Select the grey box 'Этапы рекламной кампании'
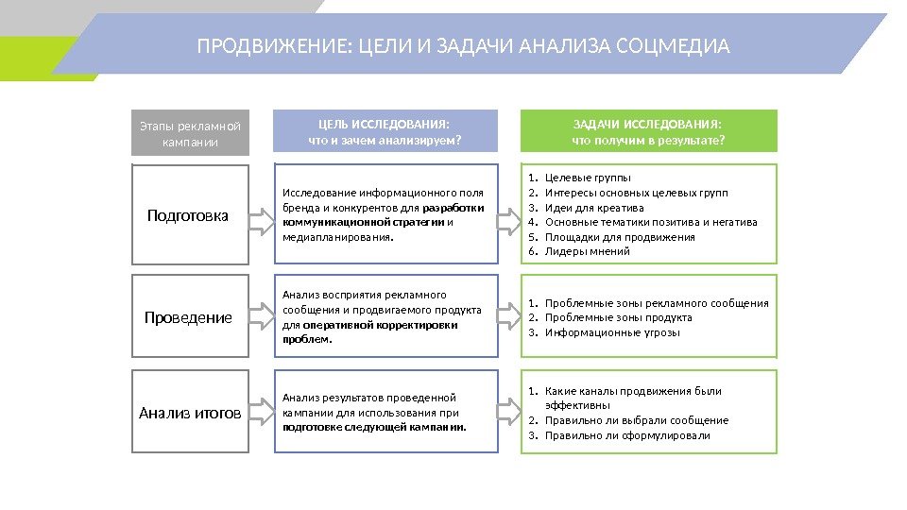pos(190,133)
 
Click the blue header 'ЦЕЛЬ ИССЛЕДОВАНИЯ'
pos(385,131)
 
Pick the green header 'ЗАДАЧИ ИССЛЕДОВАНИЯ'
pos(648,131)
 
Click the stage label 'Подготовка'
pos(188,215)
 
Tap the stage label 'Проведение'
pos(188,317)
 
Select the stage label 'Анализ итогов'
pos(189,413)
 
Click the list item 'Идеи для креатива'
pos(594,208)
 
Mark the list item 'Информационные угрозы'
pos(612,332)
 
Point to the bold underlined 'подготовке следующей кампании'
pos(375,427)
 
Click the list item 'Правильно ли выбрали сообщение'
pos(637,420)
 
